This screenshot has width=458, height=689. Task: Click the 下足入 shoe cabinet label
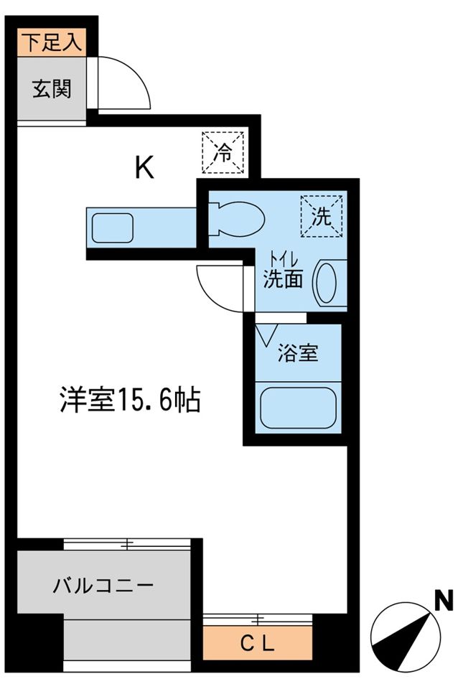[51, 42]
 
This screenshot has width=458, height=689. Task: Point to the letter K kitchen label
[144, 167]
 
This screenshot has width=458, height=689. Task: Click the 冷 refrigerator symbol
[224, 153]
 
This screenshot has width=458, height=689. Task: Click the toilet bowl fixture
[236, 217]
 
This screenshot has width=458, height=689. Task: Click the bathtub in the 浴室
[297, 408]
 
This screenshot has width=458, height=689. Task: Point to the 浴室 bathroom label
[298, 354]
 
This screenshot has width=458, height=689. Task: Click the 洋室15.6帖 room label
[130, 400]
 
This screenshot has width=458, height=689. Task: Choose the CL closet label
[256, 644]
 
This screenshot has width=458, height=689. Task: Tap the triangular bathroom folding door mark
[268, 334]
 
